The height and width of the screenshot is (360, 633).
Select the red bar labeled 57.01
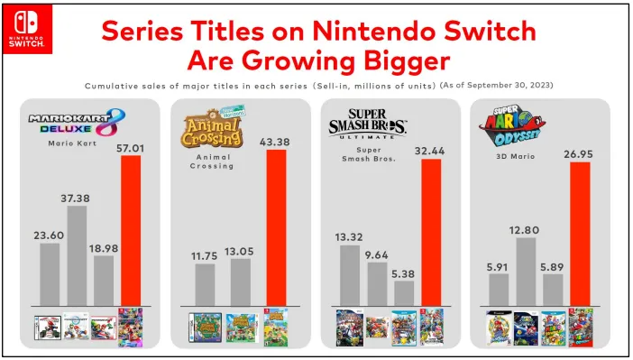132,230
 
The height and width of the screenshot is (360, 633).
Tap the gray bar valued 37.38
78,255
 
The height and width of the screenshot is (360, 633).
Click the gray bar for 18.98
104,280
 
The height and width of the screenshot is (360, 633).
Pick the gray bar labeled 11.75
206,284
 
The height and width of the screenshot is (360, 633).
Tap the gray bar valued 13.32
350,274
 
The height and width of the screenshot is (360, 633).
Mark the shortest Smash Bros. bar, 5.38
404,292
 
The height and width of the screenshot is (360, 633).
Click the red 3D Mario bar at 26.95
579,234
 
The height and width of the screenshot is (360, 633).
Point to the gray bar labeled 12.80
527,271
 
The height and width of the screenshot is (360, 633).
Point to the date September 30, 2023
510,86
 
